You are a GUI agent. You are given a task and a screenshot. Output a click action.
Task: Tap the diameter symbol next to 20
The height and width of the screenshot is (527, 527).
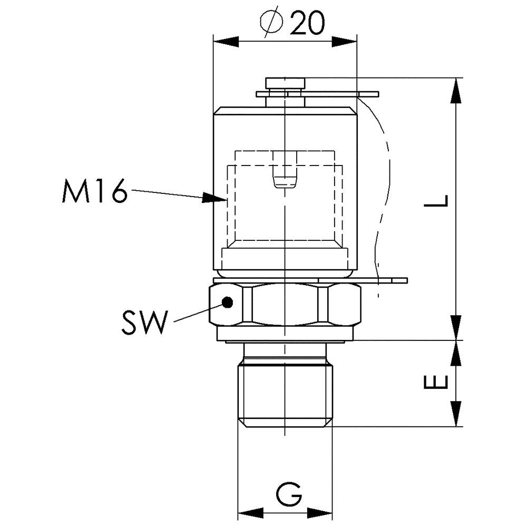pyautogui.click(x=271, y=22)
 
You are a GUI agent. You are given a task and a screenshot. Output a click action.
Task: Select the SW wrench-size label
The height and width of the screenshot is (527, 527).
pyautogui.click(x=144, y=323)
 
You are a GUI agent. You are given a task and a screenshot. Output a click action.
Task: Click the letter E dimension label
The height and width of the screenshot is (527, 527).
pyautogui.click(x=436, y=382)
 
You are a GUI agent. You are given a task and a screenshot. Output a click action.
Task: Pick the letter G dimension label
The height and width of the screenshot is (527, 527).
pyautogui.click(x=289, y=495)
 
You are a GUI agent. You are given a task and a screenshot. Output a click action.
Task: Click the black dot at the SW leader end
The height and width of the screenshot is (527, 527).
pyautogui.click(x=228, y=302)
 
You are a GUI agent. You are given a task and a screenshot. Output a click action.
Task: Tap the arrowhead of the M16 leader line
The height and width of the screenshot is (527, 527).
pyautogui.click(x=214, y=198)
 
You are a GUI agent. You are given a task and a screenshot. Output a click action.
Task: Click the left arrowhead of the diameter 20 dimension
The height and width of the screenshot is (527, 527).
pyautogui.click(x=226, y=42)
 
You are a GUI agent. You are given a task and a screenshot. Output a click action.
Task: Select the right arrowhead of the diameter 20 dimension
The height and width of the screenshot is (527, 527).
pyautogui.click(x=344, y=42)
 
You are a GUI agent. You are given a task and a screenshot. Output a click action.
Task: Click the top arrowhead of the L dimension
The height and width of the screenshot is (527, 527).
pyautogui.click(x=456, y=90)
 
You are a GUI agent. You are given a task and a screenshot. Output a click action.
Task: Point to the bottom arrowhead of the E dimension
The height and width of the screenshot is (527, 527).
pyautogui.click(x=456, y=414)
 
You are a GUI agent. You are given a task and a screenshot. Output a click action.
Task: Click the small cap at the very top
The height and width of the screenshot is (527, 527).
pyautogui.click(x=285, y=83)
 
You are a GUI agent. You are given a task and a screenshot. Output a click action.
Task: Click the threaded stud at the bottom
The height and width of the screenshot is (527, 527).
pyautogui.click(x=285, y=393)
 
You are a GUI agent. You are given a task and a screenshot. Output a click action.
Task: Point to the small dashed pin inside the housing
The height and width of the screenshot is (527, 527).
pyautogui.click(x=285, y=169)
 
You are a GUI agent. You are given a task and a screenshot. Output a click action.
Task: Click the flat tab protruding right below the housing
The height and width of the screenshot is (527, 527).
pyautogui.click(x=363, y=280)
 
